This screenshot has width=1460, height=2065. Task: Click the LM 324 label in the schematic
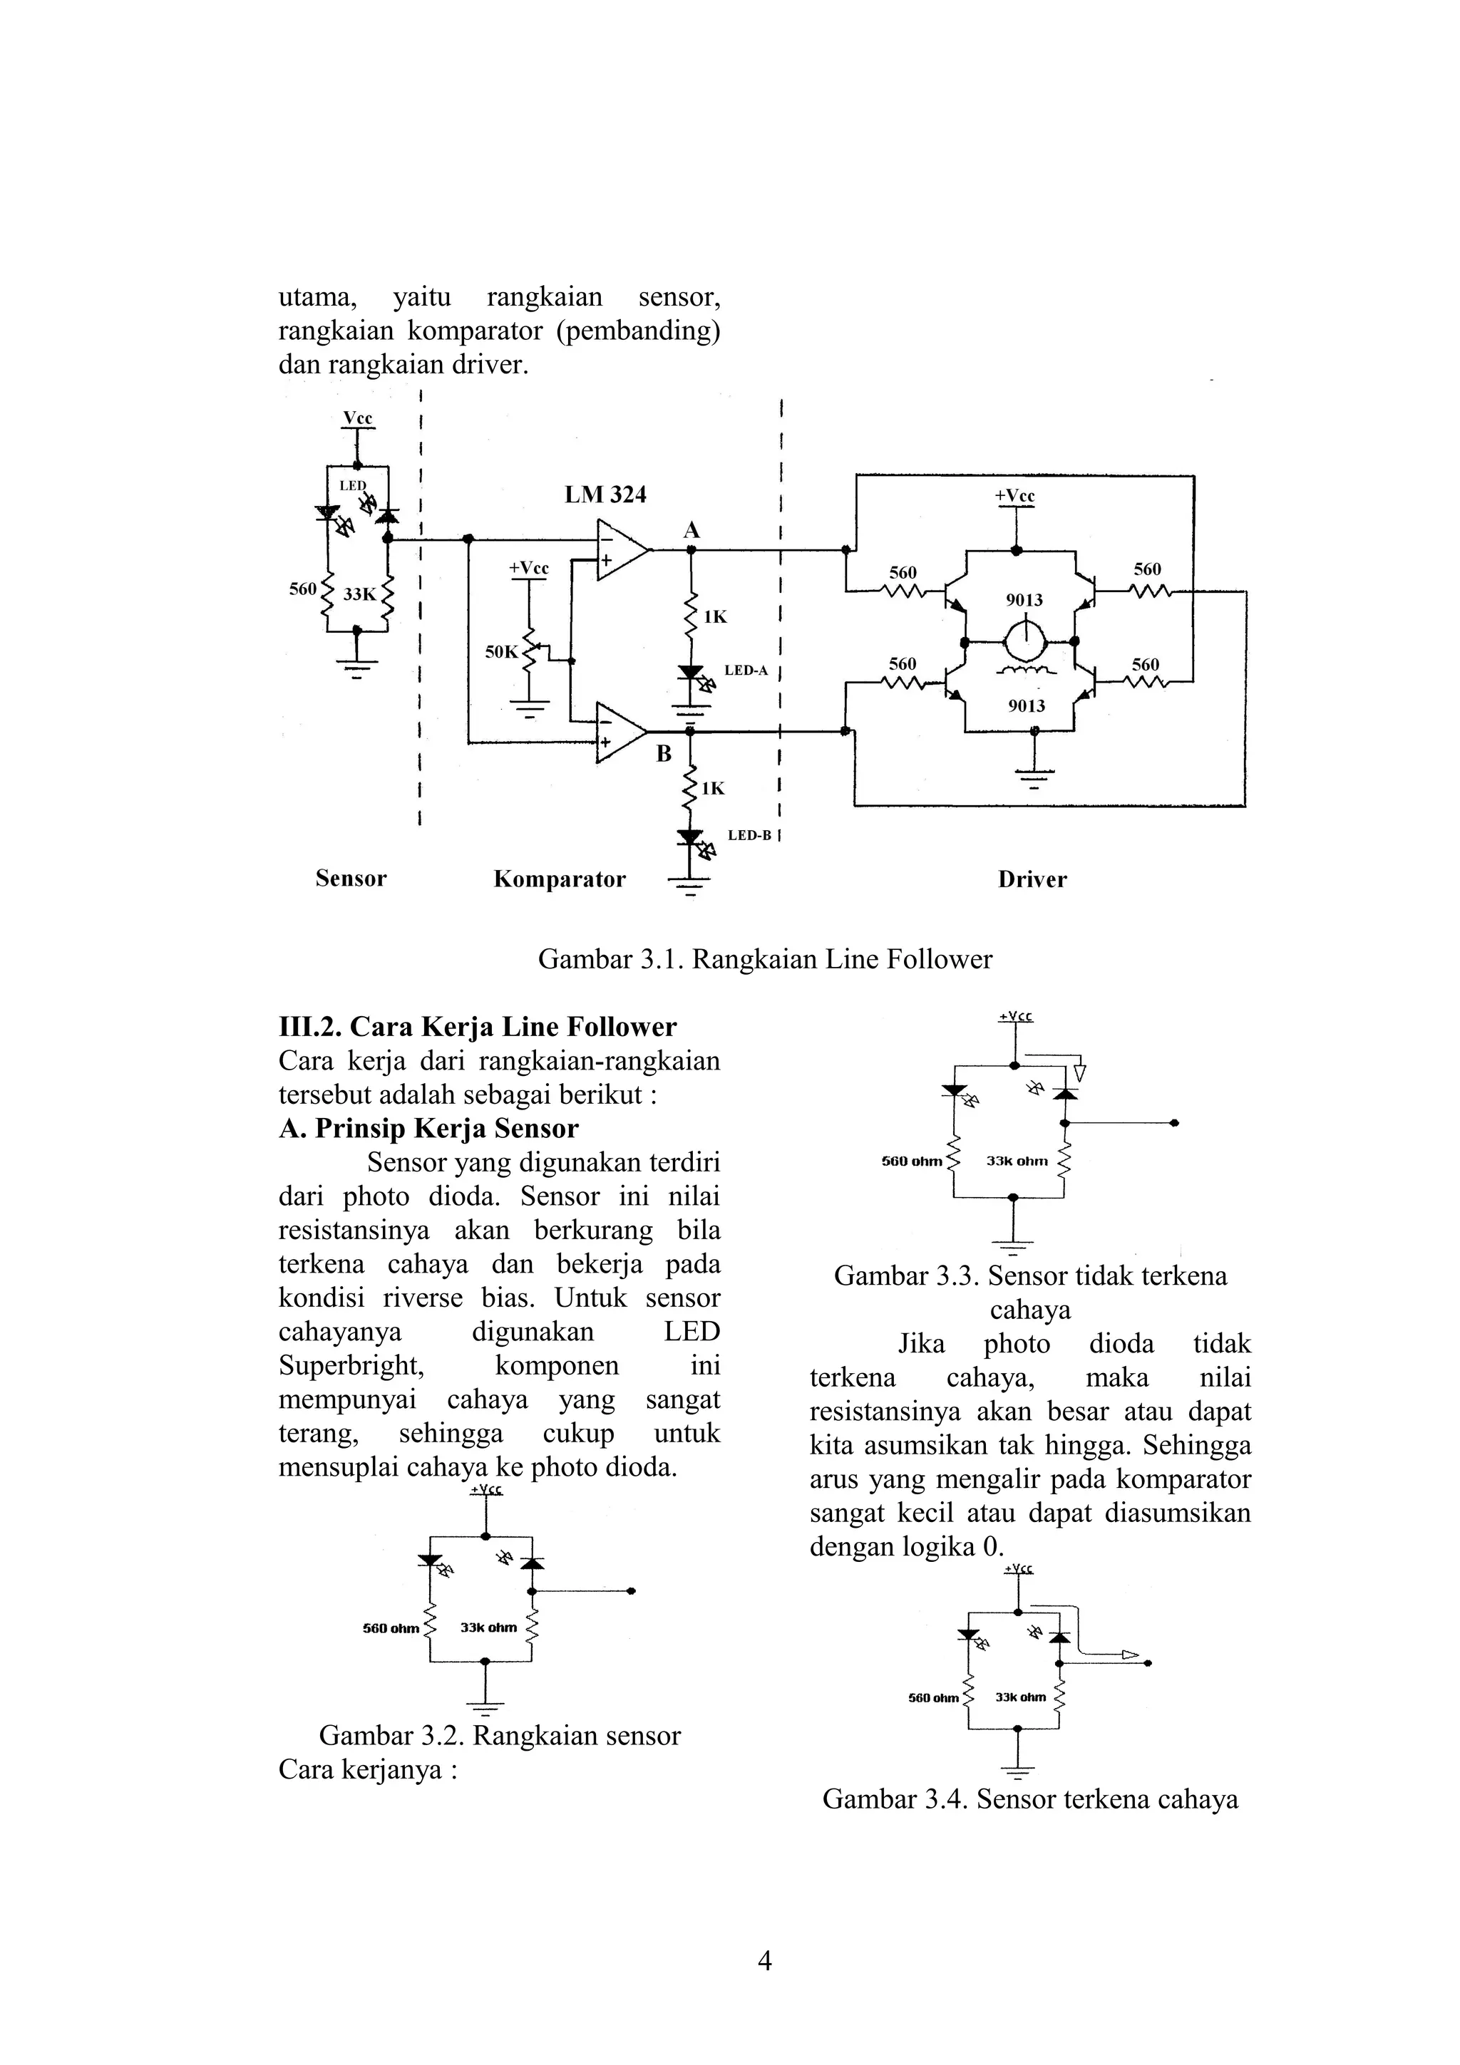click(x=605, y=495)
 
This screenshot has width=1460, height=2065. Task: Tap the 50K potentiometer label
click(x=501, y=652)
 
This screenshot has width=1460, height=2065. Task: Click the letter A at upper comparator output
click(x=691, y=531)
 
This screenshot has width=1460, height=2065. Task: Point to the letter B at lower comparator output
click(x=664, y=754)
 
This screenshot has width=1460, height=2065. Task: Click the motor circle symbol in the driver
click(x=1024, y=641)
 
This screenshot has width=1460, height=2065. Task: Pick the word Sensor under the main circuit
click(x=351, y=879)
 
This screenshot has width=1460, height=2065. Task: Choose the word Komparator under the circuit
click(x=560, y=879)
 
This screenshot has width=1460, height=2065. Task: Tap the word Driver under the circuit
click(x=1032, y=879)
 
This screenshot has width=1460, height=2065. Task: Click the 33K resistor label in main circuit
click(x=359, y=594)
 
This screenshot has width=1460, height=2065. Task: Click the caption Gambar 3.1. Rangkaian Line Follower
click(x=765, y=960)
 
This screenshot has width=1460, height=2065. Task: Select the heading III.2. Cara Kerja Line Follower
click(x=478, y=1027)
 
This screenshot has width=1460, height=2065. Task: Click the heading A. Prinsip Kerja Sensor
click(x=429, y=1129)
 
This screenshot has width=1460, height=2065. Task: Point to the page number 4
click(x=766, y=1961)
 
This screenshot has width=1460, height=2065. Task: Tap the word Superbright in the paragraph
click(x=351, y=1365)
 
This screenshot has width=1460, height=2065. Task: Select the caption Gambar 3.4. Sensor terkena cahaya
click(x=1030, y=1800)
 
